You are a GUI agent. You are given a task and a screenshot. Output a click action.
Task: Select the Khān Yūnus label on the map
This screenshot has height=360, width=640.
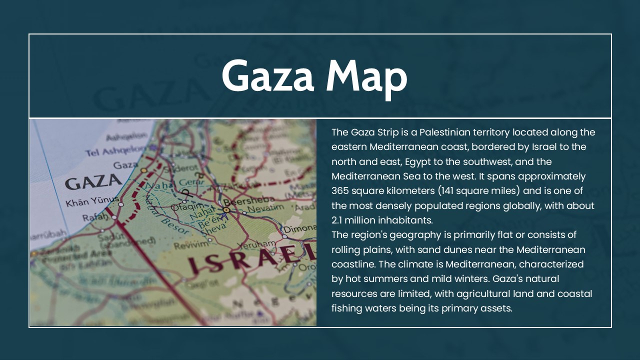pos(92,202)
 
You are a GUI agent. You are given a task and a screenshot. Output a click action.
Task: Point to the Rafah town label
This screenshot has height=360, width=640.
pos(94,217)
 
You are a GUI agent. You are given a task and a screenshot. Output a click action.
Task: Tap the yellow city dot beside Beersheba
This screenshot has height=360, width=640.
pos(226,210)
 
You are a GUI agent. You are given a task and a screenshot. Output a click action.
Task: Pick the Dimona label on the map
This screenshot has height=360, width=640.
pos(300,230)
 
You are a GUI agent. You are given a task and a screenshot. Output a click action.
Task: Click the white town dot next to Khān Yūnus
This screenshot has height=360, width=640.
pos(120,204)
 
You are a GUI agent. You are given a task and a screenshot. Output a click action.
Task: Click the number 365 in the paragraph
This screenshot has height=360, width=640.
pos(340,191)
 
